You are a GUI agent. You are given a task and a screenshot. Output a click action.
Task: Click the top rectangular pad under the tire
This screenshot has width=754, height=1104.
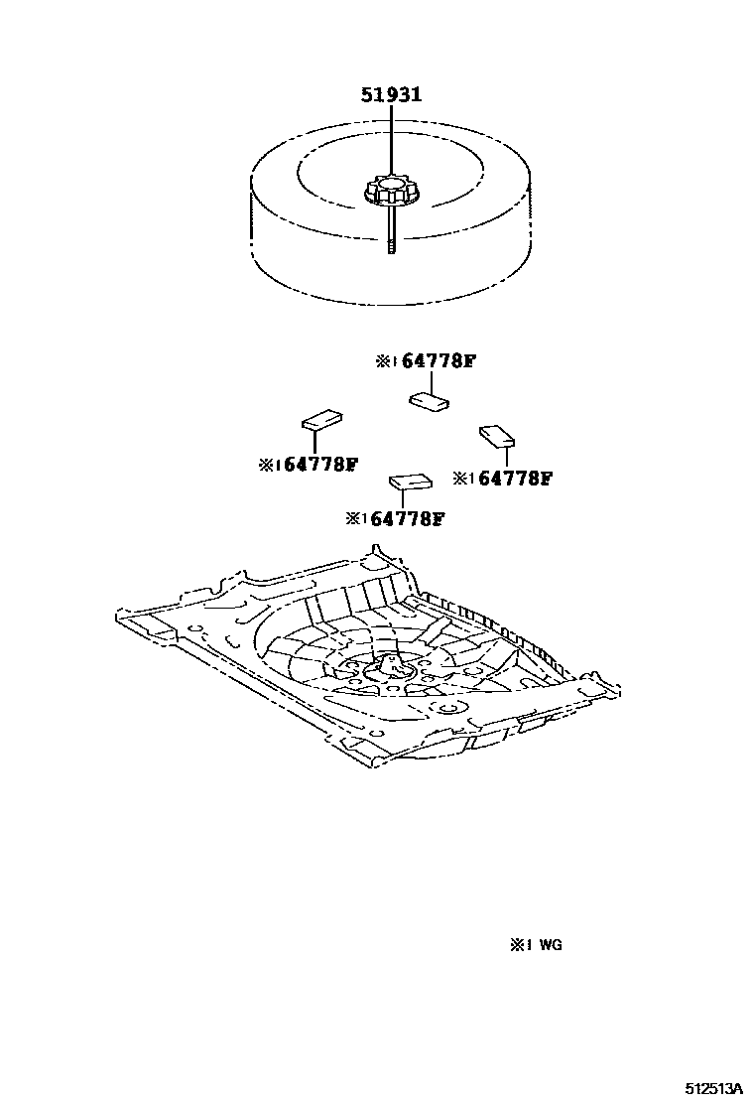tap(429, 400)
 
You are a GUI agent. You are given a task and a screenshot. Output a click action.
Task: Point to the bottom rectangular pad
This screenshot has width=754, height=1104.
tap(410, 482)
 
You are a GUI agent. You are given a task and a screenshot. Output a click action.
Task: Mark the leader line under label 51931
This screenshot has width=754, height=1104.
tap(391, 139)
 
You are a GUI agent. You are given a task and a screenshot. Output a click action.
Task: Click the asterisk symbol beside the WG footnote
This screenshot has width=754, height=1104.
tap(518, 946)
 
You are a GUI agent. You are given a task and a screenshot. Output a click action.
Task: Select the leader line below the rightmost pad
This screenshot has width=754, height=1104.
tap(506, 456)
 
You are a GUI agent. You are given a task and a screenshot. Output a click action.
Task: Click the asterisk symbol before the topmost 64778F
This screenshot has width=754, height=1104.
tap(384, 362)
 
